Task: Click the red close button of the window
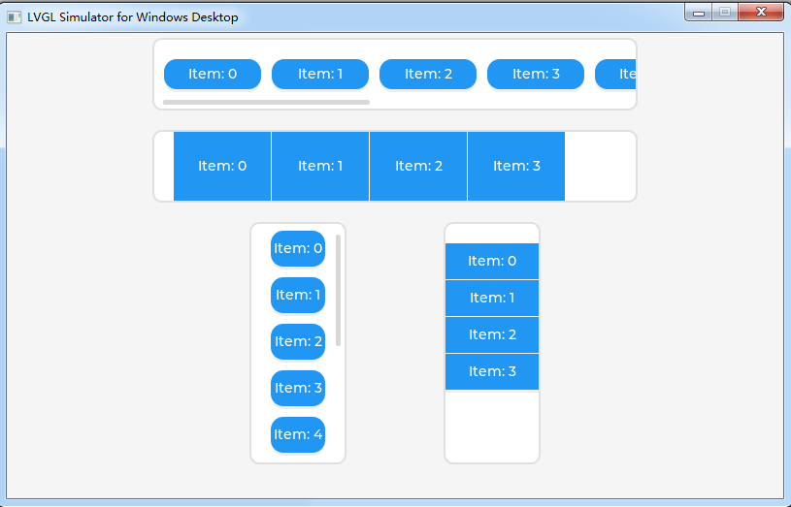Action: click(x=761, y=12)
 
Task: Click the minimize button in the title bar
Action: click(x=698, y=12)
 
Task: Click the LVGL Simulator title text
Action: click(x=132, y=17)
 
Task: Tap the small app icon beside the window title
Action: click(x=15, y=17)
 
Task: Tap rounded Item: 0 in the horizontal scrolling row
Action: click(x=213, y=74)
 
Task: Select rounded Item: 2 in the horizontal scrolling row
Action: click(x=428, y=74)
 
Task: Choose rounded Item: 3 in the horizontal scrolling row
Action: click(x=536, y=74)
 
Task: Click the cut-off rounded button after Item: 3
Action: click(x=616, y=74)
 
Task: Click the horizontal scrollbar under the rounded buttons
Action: click(x=266, y=101)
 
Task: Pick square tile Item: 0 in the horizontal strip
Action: click(x=222, y=166)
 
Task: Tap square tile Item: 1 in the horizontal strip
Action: click(x=320, y=166)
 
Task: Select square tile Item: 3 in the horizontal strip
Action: click(x=516, y=166)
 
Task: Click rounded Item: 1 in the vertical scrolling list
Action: click(x=298, y=295)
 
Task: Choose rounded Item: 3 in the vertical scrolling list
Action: click(x=298, y=388)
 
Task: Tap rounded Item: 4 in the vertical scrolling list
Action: click(x=298, y=434)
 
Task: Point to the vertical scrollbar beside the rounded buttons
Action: click(x=339, y=290)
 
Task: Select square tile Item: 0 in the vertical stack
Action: click(x=492, y=261)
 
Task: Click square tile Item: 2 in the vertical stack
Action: click(x=492, y=334)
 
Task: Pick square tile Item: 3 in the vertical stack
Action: click(x=492, y=371)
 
